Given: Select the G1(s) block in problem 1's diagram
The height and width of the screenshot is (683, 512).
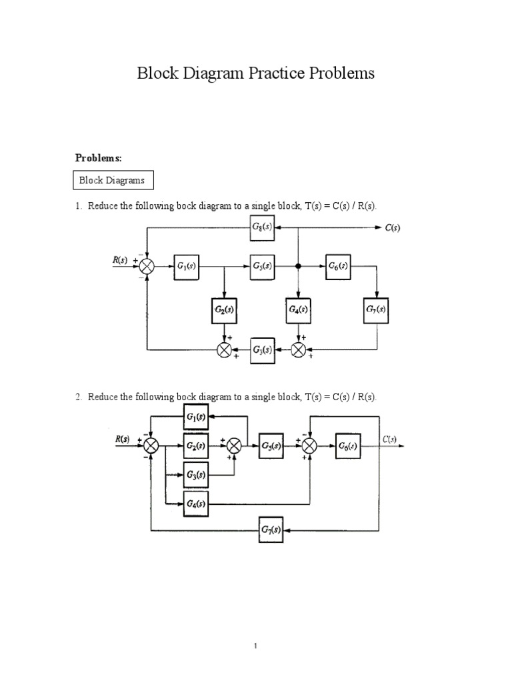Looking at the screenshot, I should coord(187,266).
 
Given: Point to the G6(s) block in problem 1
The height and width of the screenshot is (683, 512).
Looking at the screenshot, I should coord(338,266).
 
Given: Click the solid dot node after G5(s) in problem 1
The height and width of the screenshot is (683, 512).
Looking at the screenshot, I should coord(299,266).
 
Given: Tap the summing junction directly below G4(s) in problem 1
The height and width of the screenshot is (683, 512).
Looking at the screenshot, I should coord(299,349).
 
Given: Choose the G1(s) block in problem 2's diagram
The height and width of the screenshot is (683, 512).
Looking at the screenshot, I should coord(196,418).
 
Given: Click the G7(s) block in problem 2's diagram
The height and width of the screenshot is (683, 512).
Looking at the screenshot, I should coord(271,531).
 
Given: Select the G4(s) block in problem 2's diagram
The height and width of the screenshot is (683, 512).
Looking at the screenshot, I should coord(196,504).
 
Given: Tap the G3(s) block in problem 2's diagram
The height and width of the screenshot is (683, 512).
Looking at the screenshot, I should coord(196,475).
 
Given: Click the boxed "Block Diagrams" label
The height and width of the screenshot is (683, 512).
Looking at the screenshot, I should coord(112,180).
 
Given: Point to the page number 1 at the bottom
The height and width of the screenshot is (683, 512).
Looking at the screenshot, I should coord(256,646).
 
